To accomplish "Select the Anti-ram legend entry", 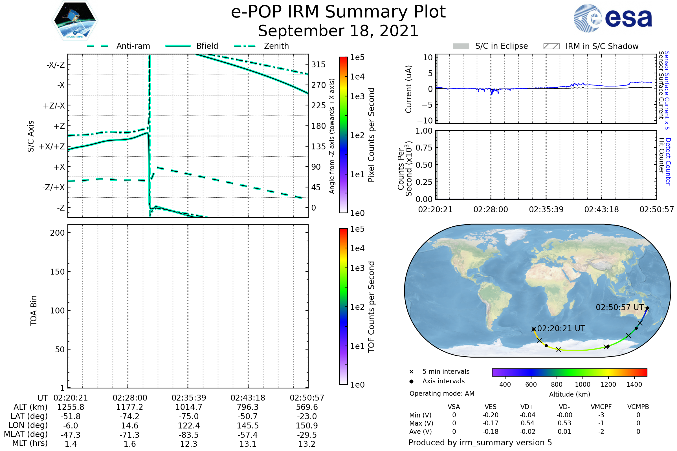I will click(133, 46).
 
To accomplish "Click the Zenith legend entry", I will click(276, 46).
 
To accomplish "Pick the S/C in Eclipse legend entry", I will click(501, 46).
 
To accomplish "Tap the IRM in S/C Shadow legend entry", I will click(602, 46).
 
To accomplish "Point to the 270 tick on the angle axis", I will click(318, 85).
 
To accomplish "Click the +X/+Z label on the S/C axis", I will click(52, 147).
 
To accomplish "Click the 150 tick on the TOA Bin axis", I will click(57, 272).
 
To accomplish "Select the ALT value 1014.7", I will click(189, 407).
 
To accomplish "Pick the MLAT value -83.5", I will click(189, 435).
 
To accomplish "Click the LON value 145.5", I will click(248, 426).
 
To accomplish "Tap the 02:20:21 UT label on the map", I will click(561, 328).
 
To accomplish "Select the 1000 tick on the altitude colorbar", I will click(583, 384).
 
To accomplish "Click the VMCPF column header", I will click(601, 407).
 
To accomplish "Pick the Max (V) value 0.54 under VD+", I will click(527, 423).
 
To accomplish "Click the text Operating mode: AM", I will click(442, 393).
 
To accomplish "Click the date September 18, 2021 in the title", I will click(338, 31).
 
